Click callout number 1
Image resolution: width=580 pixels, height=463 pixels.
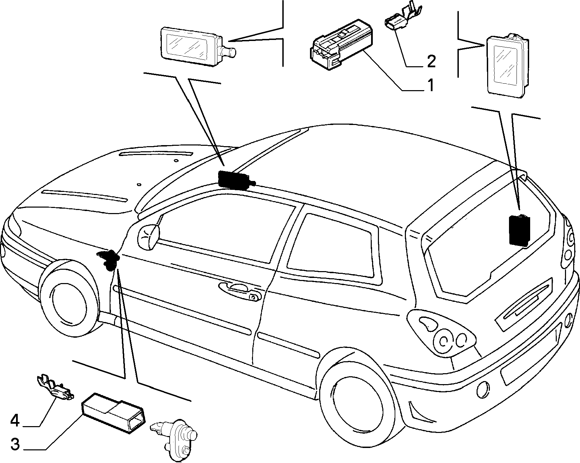click(x=430, y=85)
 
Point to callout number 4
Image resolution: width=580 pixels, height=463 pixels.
click(x=15, y=421)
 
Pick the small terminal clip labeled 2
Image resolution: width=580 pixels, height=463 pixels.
click(x=403, y=18)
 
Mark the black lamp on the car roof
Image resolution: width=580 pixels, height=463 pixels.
click(x=236, y=179)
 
